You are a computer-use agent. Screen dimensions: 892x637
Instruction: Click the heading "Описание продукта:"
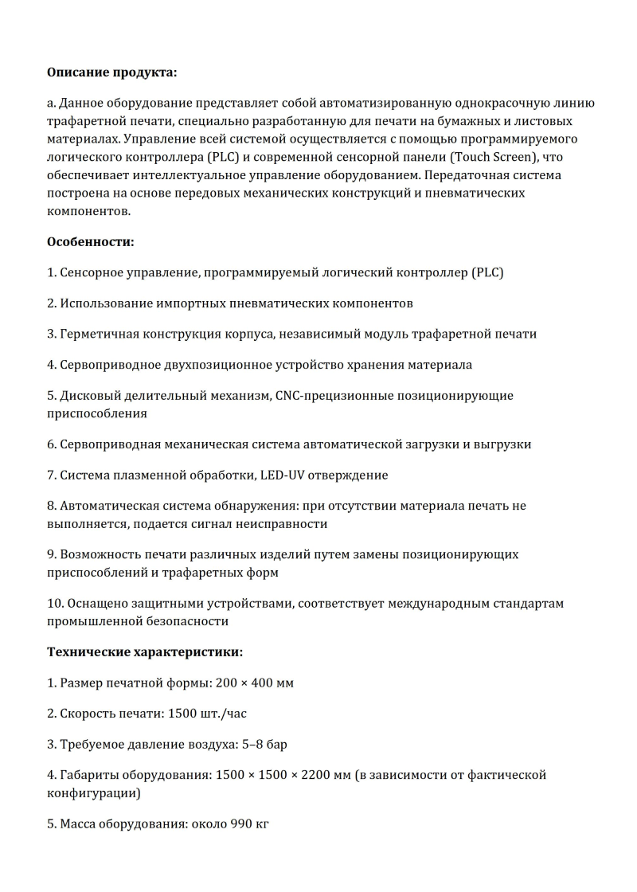[x=111, y=72]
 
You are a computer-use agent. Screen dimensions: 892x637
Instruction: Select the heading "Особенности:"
[x=91, y=241]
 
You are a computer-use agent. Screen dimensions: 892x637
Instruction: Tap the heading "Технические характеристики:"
[x=145, y=651]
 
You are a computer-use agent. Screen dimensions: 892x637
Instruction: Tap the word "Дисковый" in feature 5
[x=87, y=395]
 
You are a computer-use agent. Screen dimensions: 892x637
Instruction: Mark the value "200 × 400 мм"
[x=255, y=683]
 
